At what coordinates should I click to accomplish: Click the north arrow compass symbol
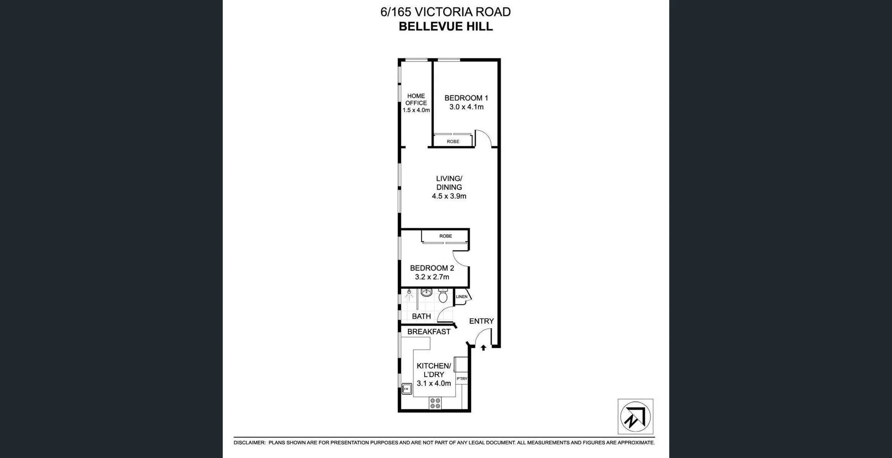click(635, 417)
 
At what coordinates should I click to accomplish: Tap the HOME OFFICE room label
click(416, 99)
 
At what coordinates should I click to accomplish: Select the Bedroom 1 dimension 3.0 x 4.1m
click(466, 107)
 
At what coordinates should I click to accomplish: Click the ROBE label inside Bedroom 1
click(453, 142)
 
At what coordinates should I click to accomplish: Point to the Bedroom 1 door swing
click(483, 138)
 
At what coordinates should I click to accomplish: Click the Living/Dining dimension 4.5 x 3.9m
click(449, 196)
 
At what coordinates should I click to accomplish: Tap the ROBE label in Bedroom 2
click(446, 236)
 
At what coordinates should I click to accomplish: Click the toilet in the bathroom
click(443, 295)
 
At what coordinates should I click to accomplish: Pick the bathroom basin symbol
click(426, 292)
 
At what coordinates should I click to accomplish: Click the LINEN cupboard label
click(462, 297)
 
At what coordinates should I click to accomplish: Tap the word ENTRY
click(481, 321)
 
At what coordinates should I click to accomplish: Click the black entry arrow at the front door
click(483, 347)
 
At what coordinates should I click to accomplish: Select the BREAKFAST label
click(428, 332)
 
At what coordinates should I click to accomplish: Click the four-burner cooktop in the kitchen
click(435, 403)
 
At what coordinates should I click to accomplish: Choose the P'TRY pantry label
click(462, 379)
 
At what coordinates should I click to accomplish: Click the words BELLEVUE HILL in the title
click(446, 26)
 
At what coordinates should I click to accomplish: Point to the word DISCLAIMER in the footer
click(249, 443)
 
